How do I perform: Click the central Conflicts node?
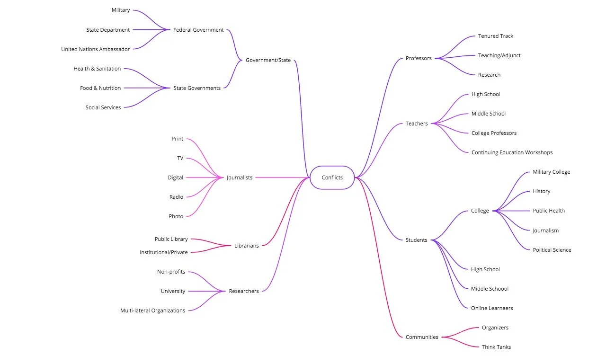click(332, 178)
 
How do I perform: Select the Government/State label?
click(268, 60)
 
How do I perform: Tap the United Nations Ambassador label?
click(95, 49)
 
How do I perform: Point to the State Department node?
click(107, 30)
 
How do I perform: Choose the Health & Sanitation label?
click(97, 69)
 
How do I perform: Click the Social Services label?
click(103, 107)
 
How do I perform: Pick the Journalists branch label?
click(240, 178)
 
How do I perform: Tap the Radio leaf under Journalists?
click(176, 197)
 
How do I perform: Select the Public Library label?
click(171, 239)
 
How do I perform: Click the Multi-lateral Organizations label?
click(152, 311)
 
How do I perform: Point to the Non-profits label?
click(171, 272)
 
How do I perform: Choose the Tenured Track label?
click(496, 36)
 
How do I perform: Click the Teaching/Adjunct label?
click(499, 55)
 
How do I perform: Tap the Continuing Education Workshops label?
click(512, 152)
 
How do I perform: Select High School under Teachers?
click(485, 94)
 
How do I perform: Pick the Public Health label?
click(549, 211)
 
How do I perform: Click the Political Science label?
click(552, 250)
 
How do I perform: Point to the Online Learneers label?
click(492, 308)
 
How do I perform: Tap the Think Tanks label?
click(496, 347)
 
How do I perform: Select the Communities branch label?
click(422, 337)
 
